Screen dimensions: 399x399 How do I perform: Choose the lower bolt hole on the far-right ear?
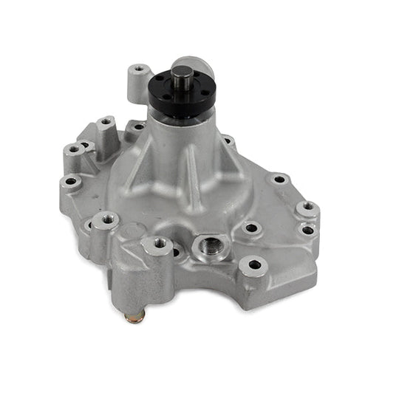[307, 230]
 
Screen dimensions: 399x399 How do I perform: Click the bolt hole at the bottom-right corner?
[255, 264]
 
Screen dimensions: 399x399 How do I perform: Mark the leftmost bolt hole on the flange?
[72, 181]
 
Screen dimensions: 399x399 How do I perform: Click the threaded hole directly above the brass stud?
[160, 242]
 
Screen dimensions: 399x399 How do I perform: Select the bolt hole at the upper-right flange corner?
[278, 179]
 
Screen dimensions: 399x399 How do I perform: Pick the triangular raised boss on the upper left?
[103, 133]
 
